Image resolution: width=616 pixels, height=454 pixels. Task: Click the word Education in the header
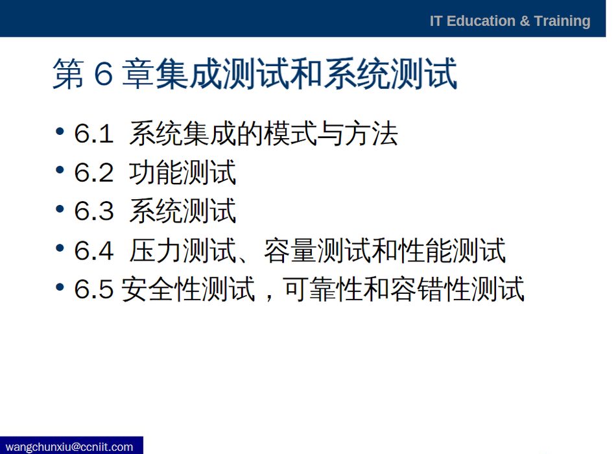(481, 21)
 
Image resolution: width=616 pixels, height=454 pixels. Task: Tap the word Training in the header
(562, 21)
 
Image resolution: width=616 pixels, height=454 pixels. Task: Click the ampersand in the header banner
(525, 21)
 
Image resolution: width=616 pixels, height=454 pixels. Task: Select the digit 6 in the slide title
(103, 74)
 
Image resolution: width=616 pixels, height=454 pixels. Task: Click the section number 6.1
(94, 133)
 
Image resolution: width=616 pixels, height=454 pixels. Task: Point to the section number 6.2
(94, 172)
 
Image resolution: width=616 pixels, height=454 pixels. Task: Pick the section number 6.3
(94, 211)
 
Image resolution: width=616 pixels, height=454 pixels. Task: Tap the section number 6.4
(94, 250)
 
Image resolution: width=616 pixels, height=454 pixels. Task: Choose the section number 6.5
(94, 289)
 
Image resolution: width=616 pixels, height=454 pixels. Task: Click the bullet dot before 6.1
(60, 131)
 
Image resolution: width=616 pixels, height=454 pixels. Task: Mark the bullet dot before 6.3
(60, 208)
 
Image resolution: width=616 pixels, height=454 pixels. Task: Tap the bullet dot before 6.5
(60, 287)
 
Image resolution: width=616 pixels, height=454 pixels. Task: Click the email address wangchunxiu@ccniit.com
(69, 447)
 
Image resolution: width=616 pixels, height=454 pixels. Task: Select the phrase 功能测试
(182, 172)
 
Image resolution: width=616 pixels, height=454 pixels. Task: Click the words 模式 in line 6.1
(290, 134)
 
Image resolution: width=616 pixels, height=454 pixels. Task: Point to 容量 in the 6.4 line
(290, 250)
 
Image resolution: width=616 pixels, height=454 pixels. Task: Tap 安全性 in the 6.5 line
(162, 289)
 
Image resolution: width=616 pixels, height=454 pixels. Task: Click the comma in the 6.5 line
(268, 296)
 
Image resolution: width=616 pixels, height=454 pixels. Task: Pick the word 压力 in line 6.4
(156, 250)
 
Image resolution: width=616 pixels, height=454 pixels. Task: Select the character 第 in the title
(68, 74)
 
